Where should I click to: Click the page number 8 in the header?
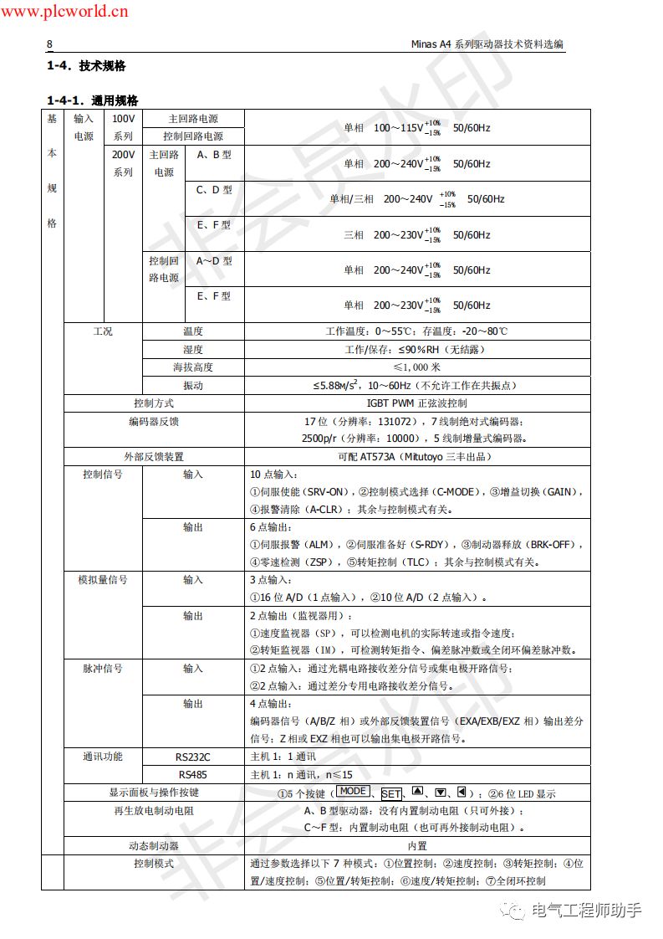point(49,44)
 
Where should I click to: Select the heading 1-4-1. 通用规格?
point(92,100)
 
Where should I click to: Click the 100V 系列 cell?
point(123,127)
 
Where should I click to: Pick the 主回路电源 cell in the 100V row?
point(193,119)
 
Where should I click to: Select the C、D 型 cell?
point(214,190)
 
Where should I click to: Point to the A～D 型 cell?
point(214,261)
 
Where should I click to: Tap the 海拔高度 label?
point(193,367)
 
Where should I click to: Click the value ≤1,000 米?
point(416,367)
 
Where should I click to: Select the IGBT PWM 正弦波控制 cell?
point(416,403)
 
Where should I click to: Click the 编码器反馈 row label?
point(154,422)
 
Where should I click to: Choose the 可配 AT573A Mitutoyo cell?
point(416,457)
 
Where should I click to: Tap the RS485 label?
point(193,775)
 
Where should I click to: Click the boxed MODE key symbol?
point(352,792)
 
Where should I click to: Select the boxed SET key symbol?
point(391,793)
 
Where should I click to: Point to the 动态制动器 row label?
point(154,846)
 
